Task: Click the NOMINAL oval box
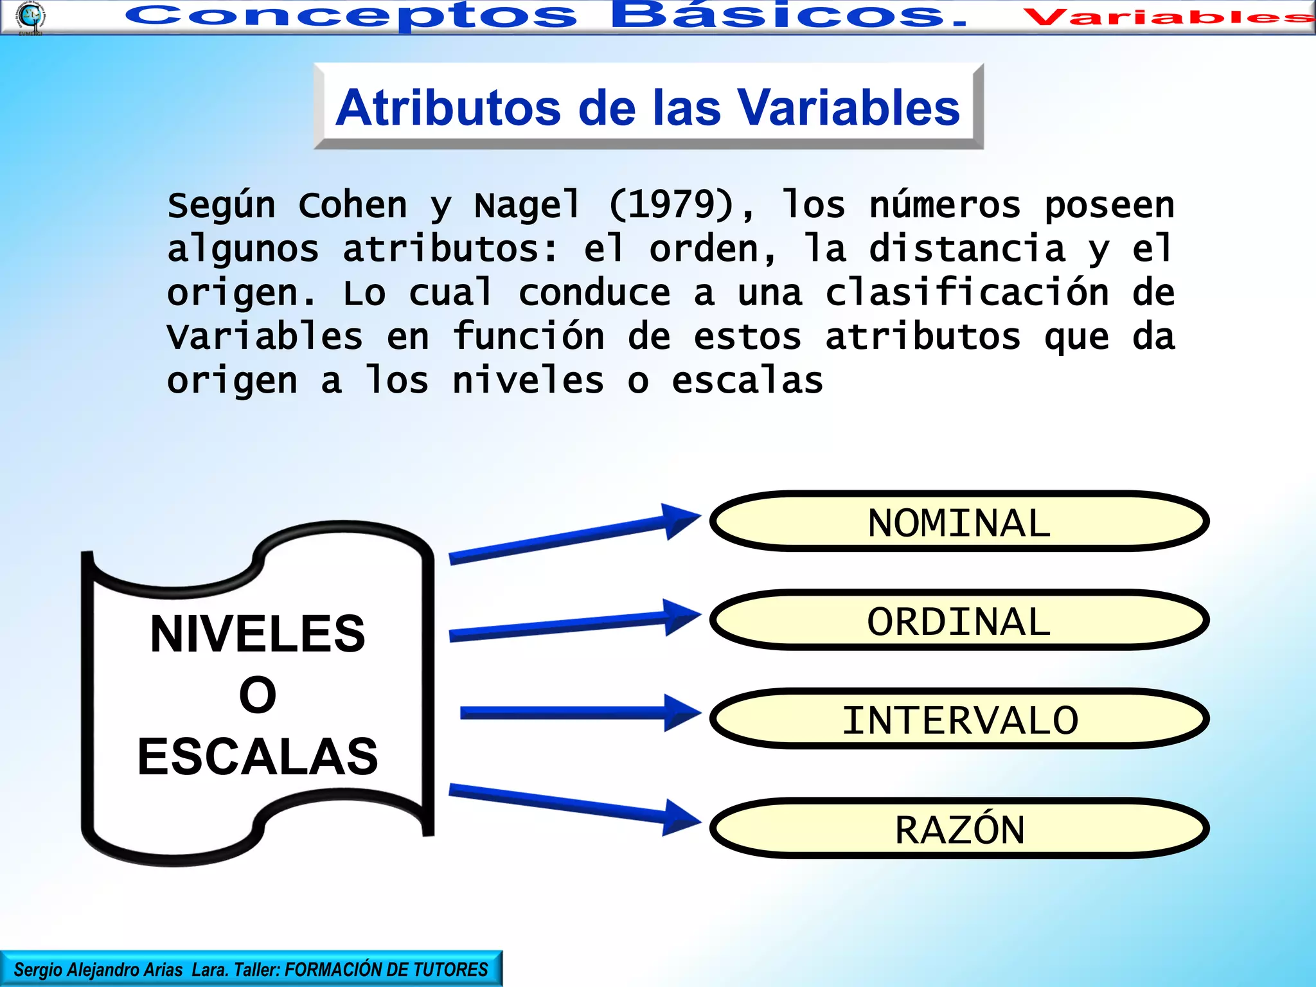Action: point(959,521)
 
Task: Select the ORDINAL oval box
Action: point(959,620)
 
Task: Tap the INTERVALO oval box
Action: point(959,719)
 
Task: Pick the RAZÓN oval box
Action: point(959,828)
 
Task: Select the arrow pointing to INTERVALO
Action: point(578,713)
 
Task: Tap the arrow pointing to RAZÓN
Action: point(572,806)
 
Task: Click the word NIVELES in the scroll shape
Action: point(258,634)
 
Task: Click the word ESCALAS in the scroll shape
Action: point(258,756)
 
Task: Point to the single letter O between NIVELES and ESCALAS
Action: point(258,695)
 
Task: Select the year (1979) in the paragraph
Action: point(671,205)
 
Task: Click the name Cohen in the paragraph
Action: point(353,205)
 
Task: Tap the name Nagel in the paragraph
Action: point(528,205)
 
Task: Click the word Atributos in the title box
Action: point(448,107)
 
